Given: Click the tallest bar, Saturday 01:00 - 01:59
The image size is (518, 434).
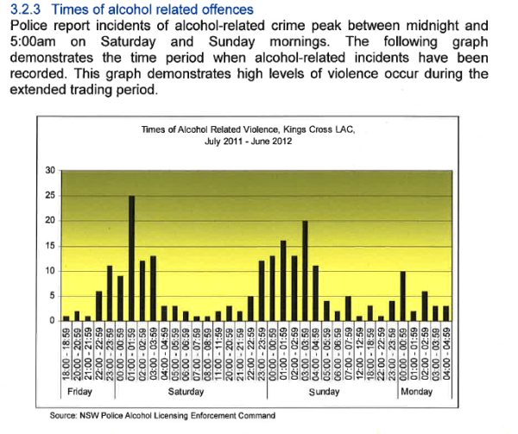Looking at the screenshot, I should click(131, 259).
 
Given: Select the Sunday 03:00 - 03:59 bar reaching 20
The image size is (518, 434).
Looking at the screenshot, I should click(306, 271).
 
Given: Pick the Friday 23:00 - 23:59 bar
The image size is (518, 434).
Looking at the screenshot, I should click(110, 293).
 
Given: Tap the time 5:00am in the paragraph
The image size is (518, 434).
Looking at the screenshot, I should click(32, 41).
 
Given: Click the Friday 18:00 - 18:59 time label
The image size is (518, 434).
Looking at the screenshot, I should click(66, 352).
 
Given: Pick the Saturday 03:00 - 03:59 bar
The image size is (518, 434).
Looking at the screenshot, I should click(153, 289).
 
